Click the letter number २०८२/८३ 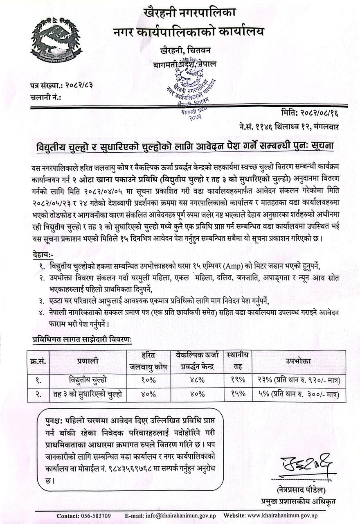[78, 85]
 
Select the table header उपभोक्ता [298, 361]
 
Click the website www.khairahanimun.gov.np [282, 516]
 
